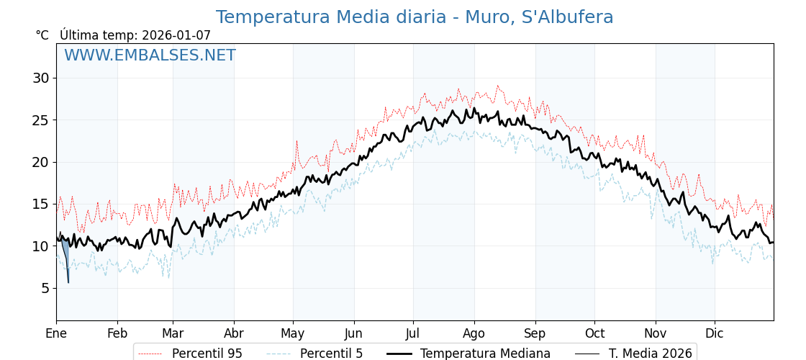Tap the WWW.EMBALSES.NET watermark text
pos(150,55)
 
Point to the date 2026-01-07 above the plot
pos(176,35)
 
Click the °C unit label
pos(42,35)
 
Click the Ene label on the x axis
pos(56,333)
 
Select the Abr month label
pos(234,333)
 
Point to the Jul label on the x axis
pos(413,333)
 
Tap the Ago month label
pos(474,333)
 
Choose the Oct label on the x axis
pos(594,333)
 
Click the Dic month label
pos(715,333)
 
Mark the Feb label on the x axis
pos(117,333)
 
